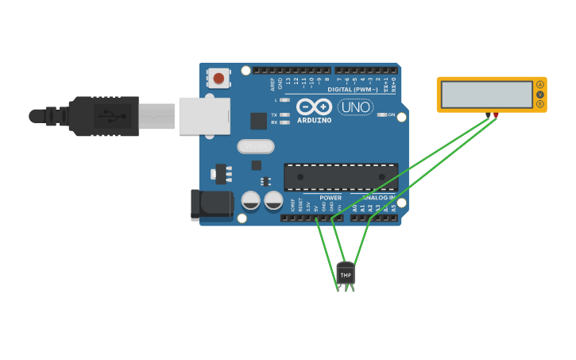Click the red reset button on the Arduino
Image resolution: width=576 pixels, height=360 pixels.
(218, 78)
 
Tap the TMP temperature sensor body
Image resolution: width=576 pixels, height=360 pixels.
(346, 274)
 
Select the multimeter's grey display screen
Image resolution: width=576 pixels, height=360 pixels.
(487, 95)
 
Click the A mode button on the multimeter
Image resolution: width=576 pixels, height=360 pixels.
(540, 85)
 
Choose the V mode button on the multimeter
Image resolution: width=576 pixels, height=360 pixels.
(540, 95)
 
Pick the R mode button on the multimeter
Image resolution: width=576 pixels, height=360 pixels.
(540, 104)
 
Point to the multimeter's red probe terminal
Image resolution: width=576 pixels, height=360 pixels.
(497, 115)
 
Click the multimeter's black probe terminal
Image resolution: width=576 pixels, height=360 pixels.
(487, 115)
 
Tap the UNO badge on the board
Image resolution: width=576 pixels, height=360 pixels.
(355, 107)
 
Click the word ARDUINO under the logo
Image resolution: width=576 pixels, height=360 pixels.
(315, 121)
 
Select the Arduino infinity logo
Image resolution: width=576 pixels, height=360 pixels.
(315, 106)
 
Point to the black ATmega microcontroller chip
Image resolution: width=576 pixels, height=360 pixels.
(341, 177)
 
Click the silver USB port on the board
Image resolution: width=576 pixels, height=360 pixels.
(204, 116)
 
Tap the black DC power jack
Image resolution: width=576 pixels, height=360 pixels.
(211, 204)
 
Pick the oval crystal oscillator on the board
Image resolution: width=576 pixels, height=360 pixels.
(256, 146)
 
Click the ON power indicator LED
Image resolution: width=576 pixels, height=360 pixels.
(381, 115)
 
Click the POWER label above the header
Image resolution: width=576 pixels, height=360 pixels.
(331, 198)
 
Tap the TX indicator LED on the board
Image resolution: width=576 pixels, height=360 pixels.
(284, 114)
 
